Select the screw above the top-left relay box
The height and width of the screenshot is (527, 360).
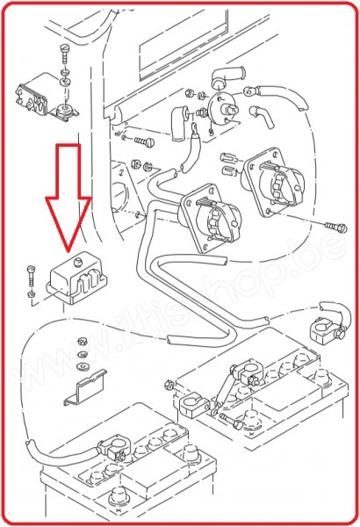[x=64, y=51]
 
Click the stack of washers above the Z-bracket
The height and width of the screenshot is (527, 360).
[x=81, y=352]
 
